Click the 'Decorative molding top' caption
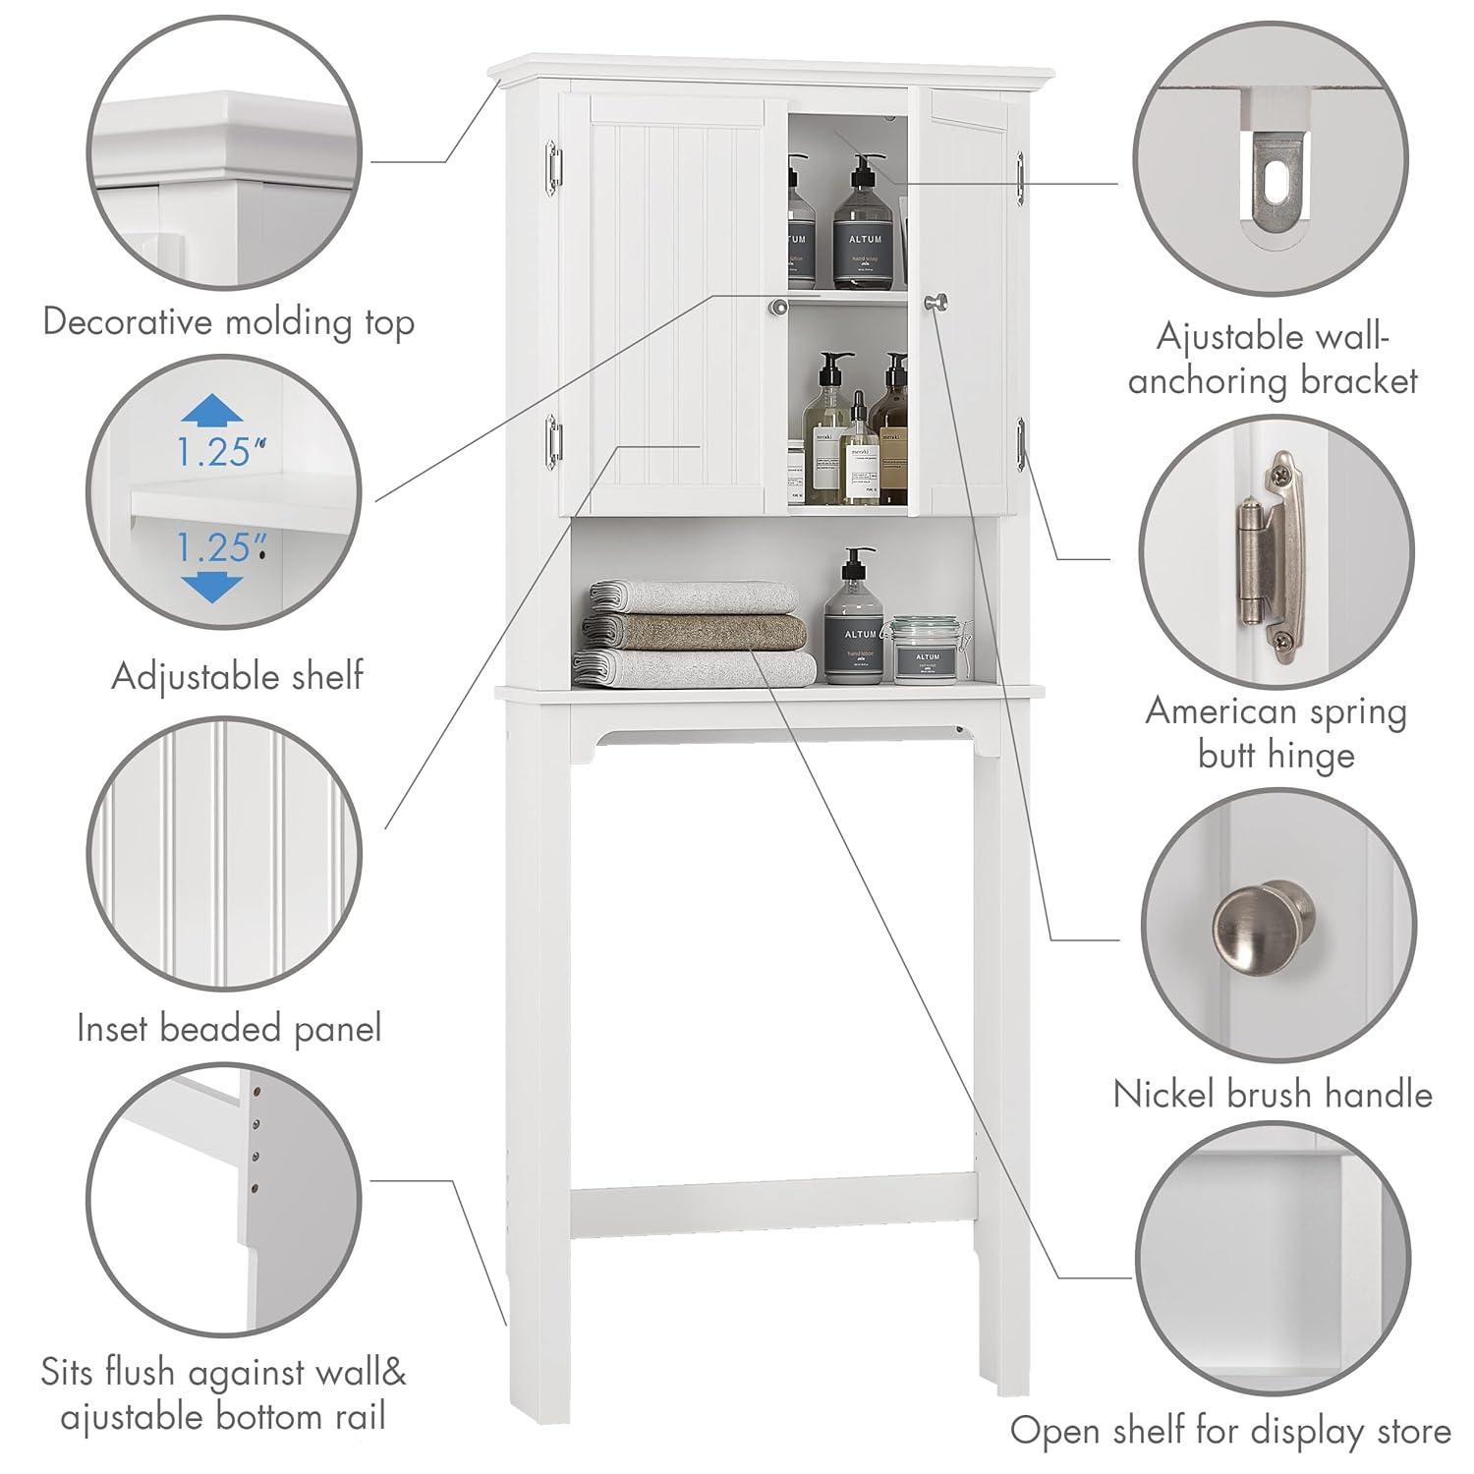pos(228,322)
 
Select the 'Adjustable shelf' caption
pos(237,676)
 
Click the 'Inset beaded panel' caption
pos(229,1029)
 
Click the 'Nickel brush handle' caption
pos(1273,1094)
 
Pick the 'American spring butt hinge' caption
pos(1276,733)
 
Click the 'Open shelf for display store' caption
pos(1230,1431)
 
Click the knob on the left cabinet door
pos(778,308)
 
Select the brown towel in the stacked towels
pos(696,632)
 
